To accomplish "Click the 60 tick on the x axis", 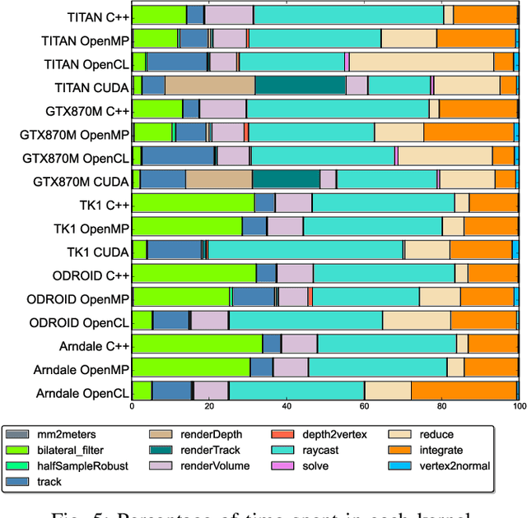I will [x=364, y=405].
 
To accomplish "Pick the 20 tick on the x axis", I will [x=209, y=405].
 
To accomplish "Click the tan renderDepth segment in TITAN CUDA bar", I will [x=209, y=86].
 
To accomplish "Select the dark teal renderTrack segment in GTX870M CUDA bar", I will [x=286, y=179].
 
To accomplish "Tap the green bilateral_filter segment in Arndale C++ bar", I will [x=197, y=343].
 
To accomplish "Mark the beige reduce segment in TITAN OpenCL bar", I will [x=421, y=62].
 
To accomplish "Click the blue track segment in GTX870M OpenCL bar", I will [x=178, y=155].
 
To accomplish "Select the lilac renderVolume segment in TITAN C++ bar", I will [x=229, y=15].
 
